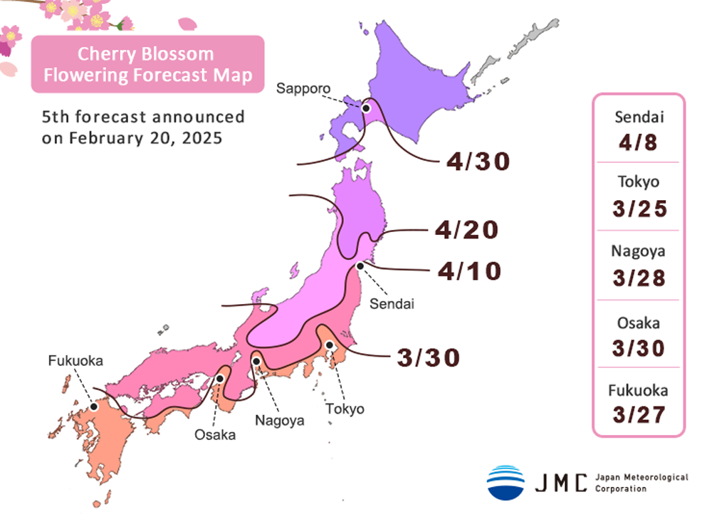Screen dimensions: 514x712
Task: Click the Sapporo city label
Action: click(x=304, y=89)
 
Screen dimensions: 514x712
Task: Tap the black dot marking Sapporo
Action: click(x=366, y=108)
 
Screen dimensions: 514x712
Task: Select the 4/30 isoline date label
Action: click(x=478, y=162)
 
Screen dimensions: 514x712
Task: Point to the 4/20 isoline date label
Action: click(x=466, y=230)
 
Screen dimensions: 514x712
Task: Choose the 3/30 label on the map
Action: click(x=427, y=357)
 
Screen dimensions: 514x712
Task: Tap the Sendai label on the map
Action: click(x=392, y=303)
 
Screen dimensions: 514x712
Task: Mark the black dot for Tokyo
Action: click(x=330, y=345)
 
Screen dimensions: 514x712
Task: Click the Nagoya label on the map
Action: click(x=280, y=420)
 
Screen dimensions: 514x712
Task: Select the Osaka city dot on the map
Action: click(x=221, y=379)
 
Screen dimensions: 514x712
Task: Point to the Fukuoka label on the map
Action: click(x=75, y=361)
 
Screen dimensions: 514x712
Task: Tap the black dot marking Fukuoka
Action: click(x=93, y=407)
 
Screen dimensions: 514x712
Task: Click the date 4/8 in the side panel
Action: click(x=639, y=142)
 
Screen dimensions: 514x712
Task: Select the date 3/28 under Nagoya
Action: click(x=639, y=276)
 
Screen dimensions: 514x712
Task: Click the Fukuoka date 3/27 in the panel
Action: click(x=639, y=414)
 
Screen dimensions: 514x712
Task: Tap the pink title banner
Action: click(x=147, y=64)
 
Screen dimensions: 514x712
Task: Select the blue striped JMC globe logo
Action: click(x=506, y=482)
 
